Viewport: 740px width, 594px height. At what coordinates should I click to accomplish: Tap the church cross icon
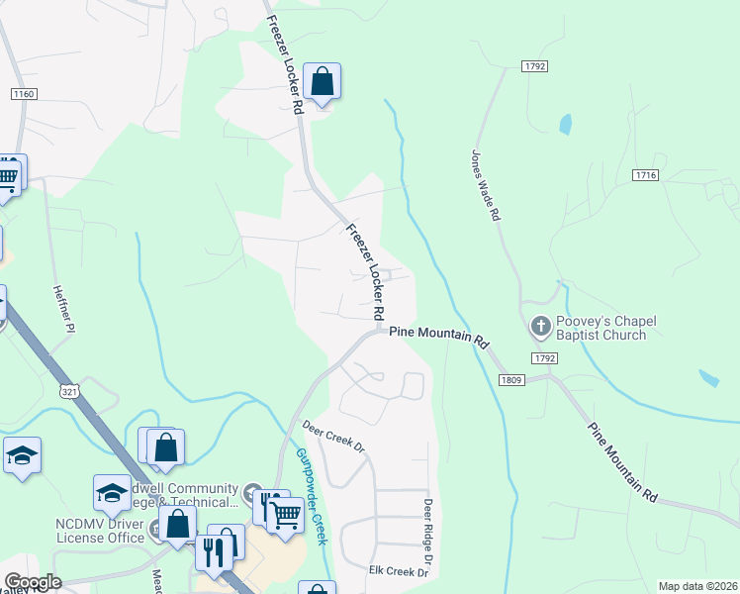pyautogui.click(x=541, y=325)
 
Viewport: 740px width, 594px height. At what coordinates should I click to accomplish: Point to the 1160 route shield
pyautogui.click(x=24, y=94)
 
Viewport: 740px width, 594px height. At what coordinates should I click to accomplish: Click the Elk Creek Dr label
pyautogui.click(x=398, y=572)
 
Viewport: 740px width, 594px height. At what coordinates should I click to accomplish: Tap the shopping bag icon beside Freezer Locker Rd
pyautogui.click(x=323, y=81)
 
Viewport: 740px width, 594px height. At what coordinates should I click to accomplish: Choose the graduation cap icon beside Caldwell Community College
pyautogui.click(x=112, y=492)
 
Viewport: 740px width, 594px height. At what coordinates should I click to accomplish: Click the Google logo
pyautogui.click(x=33, y=582)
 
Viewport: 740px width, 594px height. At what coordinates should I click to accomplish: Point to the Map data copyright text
pyautogui.click(x=697, y=586)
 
